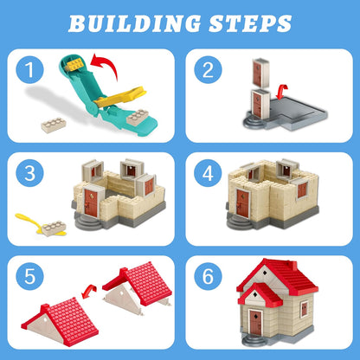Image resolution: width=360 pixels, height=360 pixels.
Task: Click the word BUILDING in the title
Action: click(x=134, y=23)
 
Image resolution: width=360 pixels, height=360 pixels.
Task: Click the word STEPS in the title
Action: click(x=250, y=23)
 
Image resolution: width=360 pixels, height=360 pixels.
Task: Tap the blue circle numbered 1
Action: click(x=29, y=69)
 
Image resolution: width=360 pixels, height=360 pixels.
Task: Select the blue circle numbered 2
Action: click(x=208, y=69)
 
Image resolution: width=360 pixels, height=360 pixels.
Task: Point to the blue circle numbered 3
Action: click(x=29, y=173)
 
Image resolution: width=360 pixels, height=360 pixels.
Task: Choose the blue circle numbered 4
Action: click(x=208, y=173)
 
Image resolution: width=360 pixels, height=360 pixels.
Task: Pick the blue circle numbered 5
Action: click(x=29, y=276)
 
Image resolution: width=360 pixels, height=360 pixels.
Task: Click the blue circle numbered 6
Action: click(x=208, y=276)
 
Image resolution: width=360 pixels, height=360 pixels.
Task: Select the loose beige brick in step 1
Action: click(x=54, y=125)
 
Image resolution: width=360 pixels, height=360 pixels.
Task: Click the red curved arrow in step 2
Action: click(x=281, y=92)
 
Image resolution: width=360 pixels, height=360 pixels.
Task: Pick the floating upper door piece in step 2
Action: click(x=260, y=72)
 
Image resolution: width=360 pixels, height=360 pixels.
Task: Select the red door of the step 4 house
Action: click(x=242, y=203)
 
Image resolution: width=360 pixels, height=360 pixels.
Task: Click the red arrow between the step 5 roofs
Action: click(x=89, y=291)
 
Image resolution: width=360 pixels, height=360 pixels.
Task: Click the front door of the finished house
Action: click(x=255, y=322)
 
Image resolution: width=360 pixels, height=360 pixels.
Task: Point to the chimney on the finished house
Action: click(x=292, y=265)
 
